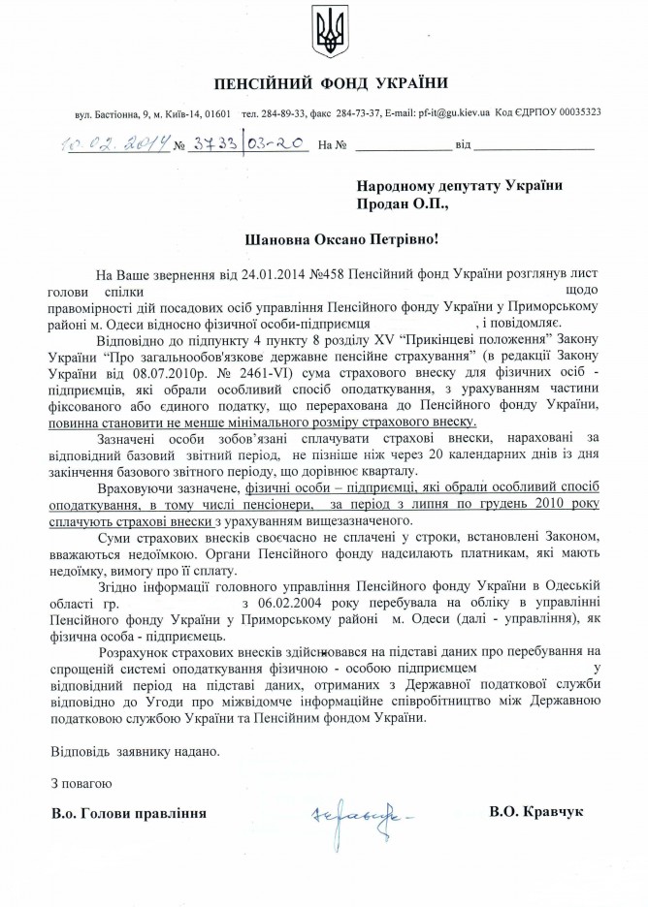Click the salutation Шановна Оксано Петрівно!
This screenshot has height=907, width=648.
[323, 238]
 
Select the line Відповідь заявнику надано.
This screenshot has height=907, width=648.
[135, 751]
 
